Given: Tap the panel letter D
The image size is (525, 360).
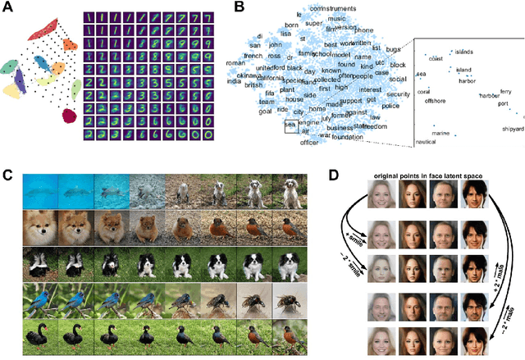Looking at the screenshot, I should pos(334,175).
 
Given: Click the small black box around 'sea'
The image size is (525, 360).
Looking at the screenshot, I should pos(290,125).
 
